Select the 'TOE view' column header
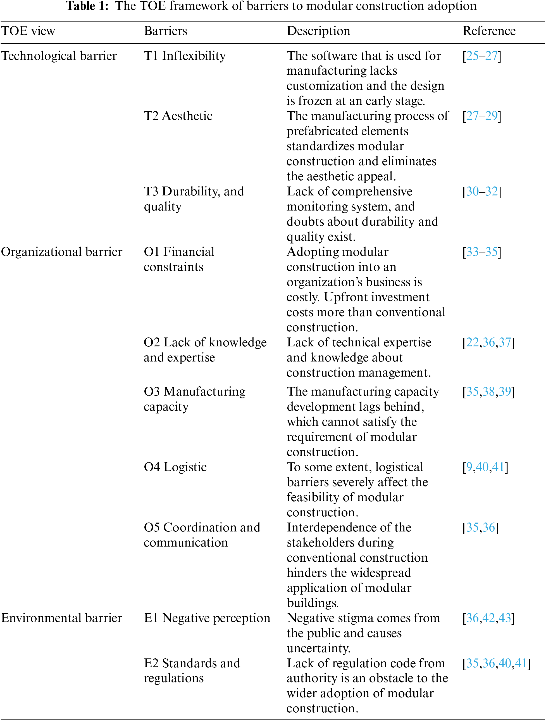coord(28,31)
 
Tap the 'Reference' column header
coord(489,31)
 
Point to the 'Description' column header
coord(318,31)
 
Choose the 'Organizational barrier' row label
coord(61,252)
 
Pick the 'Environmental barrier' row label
coord(61,618)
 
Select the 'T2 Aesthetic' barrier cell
coord(178,116)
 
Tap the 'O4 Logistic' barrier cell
coord(175,467)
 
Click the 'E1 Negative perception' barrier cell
coord(207,618)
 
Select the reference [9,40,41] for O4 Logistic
coord(485,467)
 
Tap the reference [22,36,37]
coord(488,342)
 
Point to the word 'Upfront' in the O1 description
coord(344,297)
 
